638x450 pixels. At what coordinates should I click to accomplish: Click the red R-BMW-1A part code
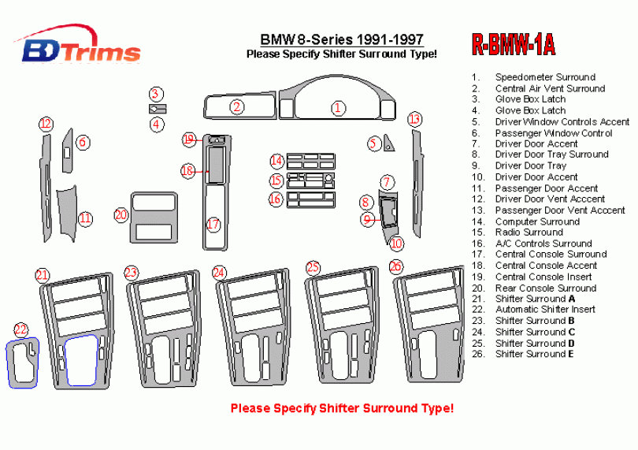click(x=513, y=46)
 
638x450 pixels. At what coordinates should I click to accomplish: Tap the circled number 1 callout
click(x=338, y=108)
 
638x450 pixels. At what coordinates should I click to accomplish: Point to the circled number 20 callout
click(x=121, y=214)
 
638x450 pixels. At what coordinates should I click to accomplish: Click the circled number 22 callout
click(x=20, y=329)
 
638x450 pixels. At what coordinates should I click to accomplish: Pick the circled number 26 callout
click(x=396, y=266)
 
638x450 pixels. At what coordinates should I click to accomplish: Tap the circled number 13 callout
click(x=414, y=119)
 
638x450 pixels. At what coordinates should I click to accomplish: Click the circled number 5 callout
click(x=373, y=143)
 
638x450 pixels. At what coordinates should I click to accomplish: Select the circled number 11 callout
click(x=85, y=218)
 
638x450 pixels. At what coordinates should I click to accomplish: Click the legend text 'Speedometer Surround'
click(x=544, y=77)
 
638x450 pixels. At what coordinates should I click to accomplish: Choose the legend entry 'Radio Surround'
click(x=529, y=232)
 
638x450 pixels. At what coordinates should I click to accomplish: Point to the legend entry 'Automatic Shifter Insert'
click(x=544, y=310)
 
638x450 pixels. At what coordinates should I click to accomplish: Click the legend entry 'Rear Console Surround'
click(x=545, y=288)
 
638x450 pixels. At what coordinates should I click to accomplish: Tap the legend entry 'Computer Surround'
click(x=537, y=221)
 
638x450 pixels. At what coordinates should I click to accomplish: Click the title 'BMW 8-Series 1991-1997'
click(x=342, y=40)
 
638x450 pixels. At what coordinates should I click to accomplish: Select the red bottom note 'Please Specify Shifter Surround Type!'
click(x=342, y=408)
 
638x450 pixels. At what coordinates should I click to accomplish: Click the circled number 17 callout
click(x=213, y=225)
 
